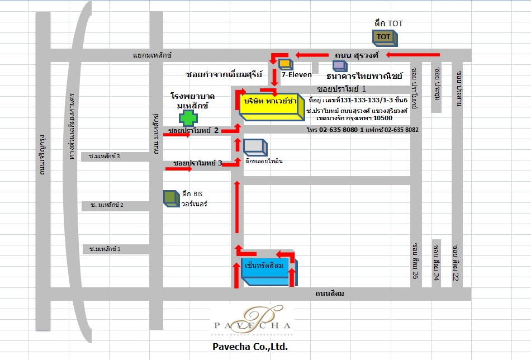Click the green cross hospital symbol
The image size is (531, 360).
(x=188, y=118)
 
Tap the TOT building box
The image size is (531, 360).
(x=384, y=37)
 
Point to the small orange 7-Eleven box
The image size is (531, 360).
(x=285, y=64)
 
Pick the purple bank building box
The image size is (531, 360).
(x=339, y=65)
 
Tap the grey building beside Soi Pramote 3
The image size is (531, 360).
(x=255, y=146)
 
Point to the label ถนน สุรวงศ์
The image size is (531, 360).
(x=357, y=55)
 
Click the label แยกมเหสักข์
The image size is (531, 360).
(x=152, y=55)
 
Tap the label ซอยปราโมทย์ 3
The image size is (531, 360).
(x=197, y=163)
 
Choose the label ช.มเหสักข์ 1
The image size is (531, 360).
(x=105, y=248)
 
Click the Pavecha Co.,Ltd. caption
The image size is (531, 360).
(x=250, y=347)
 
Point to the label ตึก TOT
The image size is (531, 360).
(x=388, y=23)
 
